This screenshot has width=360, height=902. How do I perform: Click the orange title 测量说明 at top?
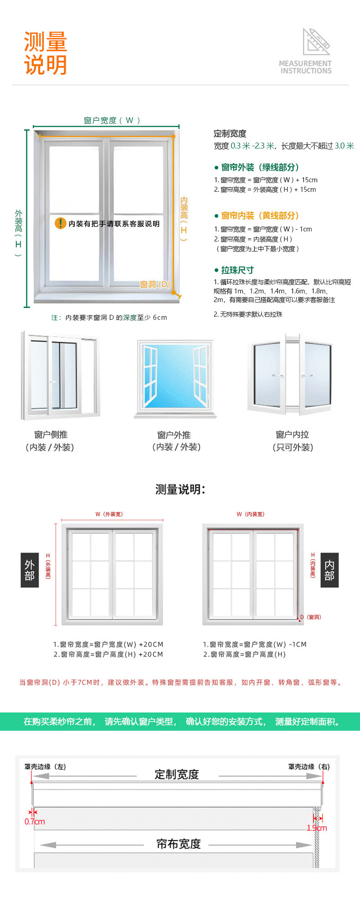pyautogui.click(x=46, y=53)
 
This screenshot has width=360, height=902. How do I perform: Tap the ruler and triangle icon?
pyautogui.click(x=316, y=42)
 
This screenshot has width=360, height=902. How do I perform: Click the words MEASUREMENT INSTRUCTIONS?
pyautogui.click(x=305, y=67)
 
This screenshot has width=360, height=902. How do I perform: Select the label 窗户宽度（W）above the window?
pyautogui.click(x=112, y=120)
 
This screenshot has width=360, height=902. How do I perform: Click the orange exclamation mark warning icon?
pyautogui.click(x=60, y=223)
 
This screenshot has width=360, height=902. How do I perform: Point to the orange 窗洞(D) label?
pyautogui.click(x=155, y=284)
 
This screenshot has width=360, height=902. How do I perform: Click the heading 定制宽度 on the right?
pyautogui.click(x=230, y=133)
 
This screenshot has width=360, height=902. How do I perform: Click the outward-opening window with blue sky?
pyautogui.click(x=175, y=378)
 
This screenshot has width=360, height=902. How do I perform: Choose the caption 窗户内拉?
pyautogui.click(x=292, y=435)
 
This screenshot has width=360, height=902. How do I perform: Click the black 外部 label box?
pyautogui.click(x=30, y=570)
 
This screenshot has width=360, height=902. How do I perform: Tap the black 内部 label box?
pyautogui.click(x=329, y=570)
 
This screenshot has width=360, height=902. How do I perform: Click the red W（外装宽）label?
pyautogui.click(x=109, y=514)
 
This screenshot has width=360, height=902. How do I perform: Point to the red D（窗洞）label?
pyautogui.click(x=310, y=617)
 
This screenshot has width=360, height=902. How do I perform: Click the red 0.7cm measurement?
pyautogui.click(x=35, y=822)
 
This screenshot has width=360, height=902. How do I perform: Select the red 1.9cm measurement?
pyautogui.click(x=317, y=828)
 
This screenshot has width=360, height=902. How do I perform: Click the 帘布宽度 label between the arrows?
pyautogui.click(x=179, y=844)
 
